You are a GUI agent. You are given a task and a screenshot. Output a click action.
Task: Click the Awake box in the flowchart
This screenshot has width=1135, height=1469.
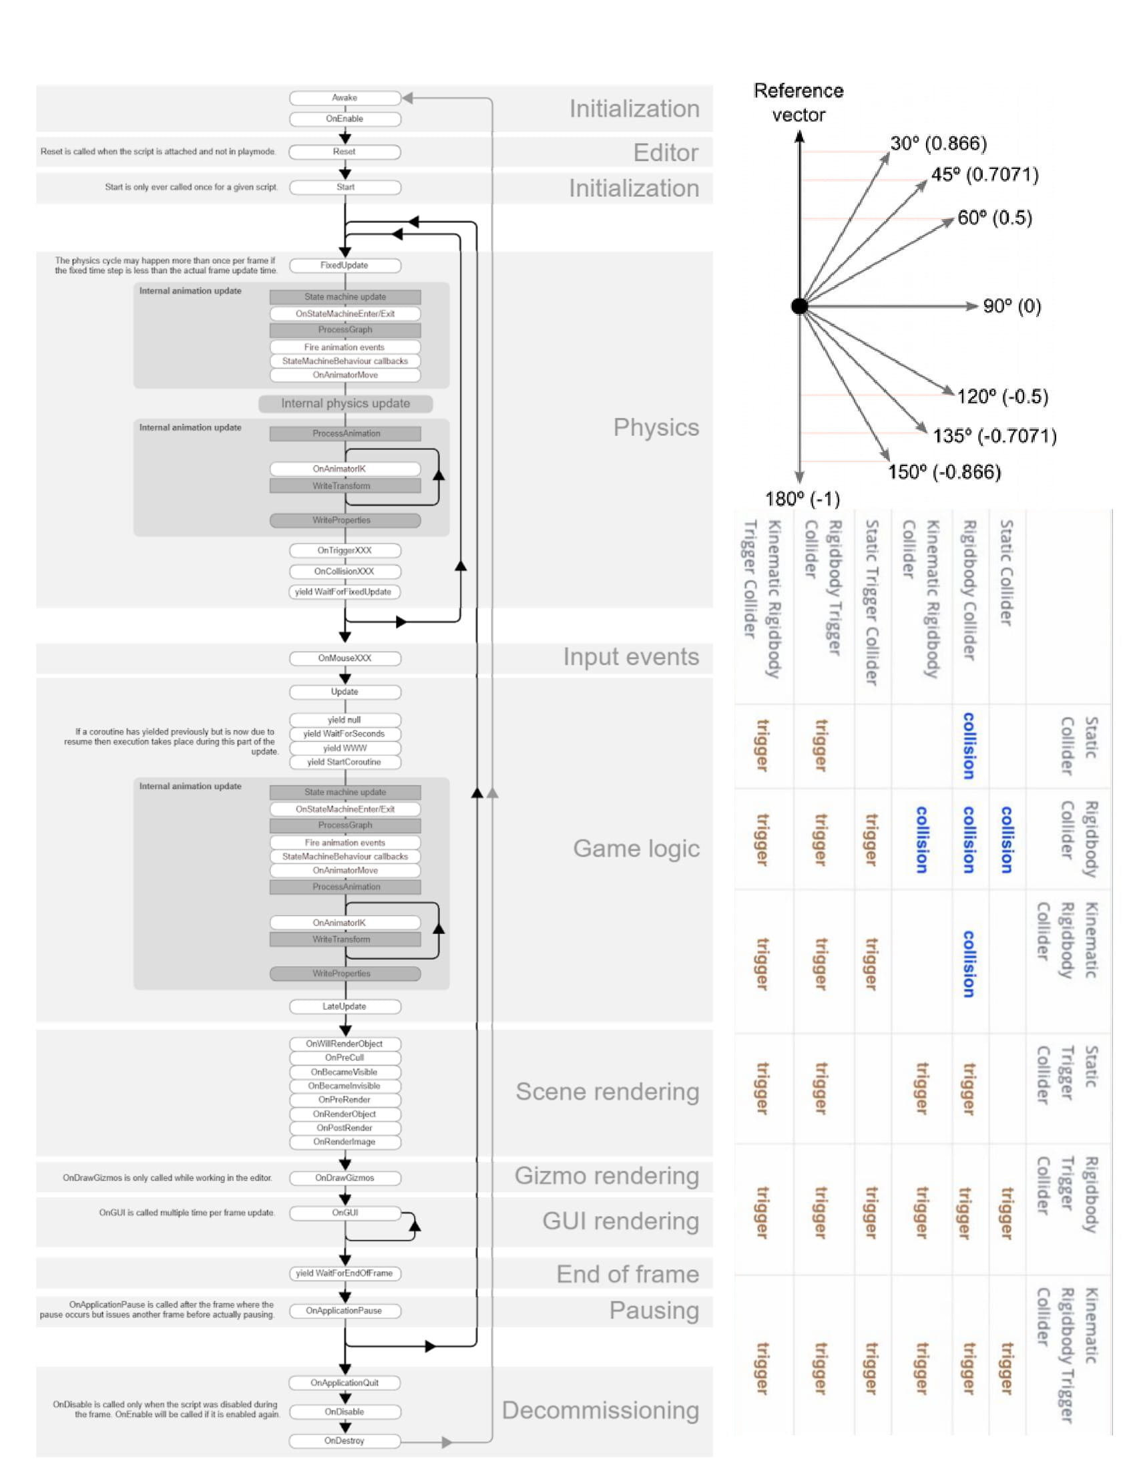[x=345, y=98]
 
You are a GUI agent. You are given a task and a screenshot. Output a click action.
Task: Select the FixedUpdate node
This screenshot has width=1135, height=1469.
[x=345, y=266]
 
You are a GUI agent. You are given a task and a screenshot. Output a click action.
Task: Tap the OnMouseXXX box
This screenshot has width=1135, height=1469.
[x=345, y=658]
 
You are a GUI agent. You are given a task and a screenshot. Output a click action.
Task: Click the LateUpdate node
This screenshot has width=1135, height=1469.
[x=345, y=1007]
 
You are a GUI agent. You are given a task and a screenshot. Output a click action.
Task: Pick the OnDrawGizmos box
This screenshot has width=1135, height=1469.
[x=345, y=1179]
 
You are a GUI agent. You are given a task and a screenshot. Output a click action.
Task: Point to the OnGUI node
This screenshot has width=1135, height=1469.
[x=345, y=1213]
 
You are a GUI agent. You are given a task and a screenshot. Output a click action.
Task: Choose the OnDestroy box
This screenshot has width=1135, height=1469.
[x=345, y=1442]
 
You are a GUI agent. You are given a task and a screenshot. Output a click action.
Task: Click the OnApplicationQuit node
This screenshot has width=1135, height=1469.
[x=345, y=1384]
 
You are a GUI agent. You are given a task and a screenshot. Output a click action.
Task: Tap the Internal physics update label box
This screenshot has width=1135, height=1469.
[x=346, y=403]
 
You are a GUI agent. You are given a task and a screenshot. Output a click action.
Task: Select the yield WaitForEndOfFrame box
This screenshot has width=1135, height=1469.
[x=345, y=1274]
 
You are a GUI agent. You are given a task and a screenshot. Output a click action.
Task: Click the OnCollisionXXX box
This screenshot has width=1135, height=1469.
[x=345, y=572]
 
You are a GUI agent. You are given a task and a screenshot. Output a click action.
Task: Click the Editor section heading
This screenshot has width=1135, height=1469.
[x=666, y=154]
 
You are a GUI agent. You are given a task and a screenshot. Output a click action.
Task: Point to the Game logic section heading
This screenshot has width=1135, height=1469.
[x=636, y=849]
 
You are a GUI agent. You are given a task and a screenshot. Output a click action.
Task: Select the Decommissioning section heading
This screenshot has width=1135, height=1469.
[x=600, y=1411]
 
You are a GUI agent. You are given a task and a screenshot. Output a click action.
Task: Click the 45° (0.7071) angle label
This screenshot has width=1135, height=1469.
[x=984, y=175]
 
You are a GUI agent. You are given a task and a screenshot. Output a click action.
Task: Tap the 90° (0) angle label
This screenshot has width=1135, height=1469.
[x=1012, y=306]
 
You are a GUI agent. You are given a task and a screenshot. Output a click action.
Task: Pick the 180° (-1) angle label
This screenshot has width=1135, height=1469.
[x=802, y=499]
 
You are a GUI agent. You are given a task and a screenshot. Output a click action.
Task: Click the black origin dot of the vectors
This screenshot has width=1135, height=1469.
[x=799, y=306]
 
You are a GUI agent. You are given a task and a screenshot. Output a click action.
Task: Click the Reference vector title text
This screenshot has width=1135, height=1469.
[x=799, y=103]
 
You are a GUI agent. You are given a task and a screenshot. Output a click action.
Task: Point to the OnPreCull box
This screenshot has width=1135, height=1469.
[x=345, y=1058]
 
